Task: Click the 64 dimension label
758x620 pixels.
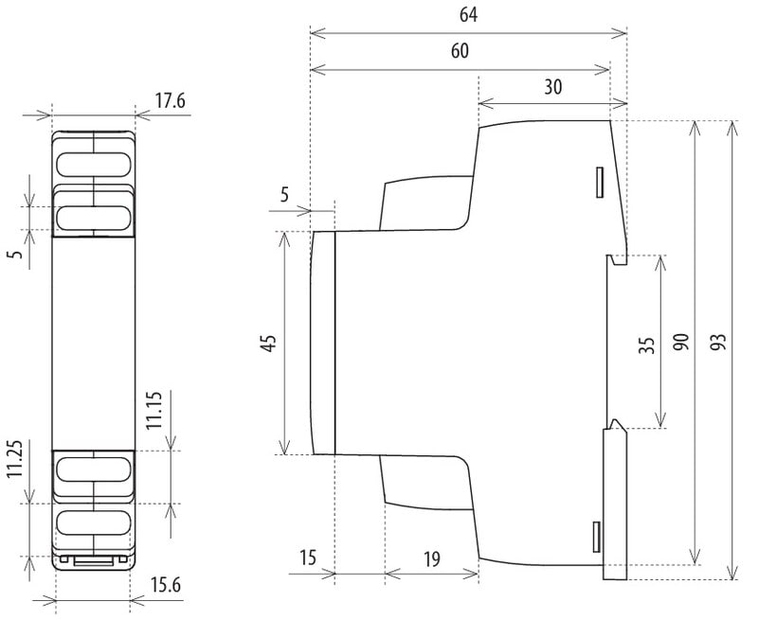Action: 468,15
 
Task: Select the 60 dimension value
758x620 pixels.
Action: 460,51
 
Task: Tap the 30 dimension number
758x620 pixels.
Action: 553,87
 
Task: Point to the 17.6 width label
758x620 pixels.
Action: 170,101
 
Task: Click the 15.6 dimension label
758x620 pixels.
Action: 166,585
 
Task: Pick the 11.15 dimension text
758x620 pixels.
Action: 154,410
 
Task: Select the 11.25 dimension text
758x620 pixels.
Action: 15,459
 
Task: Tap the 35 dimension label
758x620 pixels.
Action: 646,345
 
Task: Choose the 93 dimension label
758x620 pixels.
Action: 719,342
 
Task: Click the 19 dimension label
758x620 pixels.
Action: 432,559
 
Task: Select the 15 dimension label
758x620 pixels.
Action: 307,558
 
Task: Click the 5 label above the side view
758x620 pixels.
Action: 284,195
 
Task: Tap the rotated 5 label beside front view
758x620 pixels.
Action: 16,253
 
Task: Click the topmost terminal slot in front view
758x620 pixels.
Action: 93,165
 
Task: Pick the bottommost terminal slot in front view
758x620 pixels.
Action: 93,523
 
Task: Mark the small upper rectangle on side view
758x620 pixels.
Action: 600,182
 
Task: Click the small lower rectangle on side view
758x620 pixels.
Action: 597,537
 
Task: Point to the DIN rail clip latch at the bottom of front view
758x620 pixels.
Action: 93,560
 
